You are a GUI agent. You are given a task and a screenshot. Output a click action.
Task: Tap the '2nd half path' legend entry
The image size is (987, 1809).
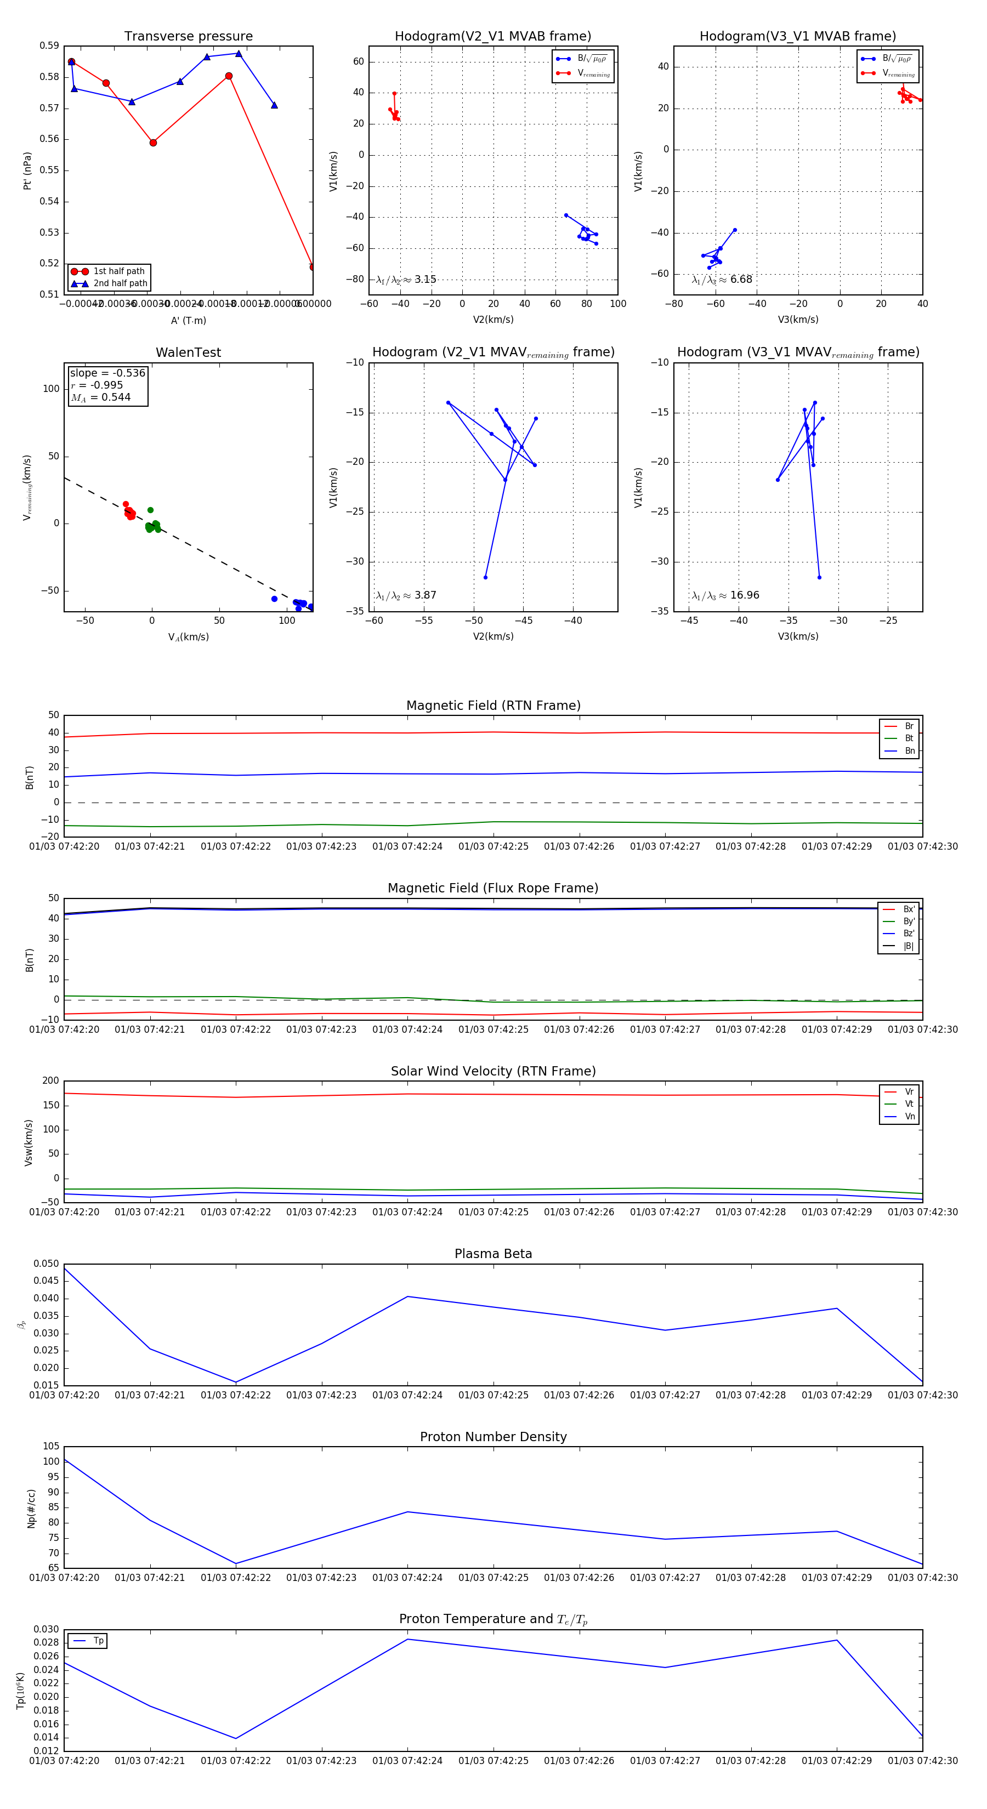(120, 284)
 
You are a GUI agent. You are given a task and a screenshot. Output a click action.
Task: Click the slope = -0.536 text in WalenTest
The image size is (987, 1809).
(107, 373)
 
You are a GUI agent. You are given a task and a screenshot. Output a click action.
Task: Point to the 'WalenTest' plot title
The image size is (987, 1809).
(188, 352)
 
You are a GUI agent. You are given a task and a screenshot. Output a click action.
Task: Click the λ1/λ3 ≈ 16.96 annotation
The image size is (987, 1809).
(725, 595)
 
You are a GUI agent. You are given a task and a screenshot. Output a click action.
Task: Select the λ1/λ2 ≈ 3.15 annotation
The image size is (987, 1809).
(406, 280)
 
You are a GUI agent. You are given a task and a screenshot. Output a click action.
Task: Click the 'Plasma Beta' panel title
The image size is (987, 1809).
(493, 1254)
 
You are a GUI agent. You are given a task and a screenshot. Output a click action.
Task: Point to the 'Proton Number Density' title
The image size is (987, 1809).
(493, 1437)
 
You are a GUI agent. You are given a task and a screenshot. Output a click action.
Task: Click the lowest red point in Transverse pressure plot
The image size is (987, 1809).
(312, 267)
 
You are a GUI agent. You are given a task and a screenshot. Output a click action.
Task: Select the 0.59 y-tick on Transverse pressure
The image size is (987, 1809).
(49, 45)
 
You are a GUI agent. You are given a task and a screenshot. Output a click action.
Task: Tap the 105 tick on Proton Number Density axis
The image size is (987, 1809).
(52, 1447)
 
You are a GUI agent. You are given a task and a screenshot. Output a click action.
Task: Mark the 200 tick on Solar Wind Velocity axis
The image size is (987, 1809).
(50, 1081)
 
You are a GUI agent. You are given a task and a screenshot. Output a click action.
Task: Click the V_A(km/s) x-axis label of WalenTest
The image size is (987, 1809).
(188, 637)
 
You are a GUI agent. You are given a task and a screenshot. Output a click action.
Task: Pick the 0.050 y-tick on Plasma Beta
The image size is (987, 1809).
(47, 1264)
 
